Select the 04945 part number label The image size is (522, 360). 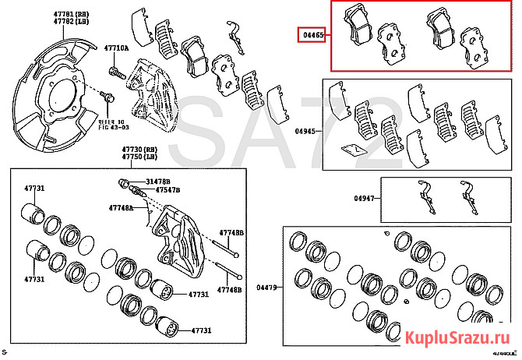click(x=306, y=132)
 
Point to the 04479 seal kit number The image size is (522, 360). click(x=267, y=288)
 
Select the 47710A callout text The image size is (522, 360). click(x=118, y=48)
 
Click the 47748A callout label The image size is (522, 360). click(x=120, y=209)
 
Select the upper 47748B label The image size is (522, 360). click(x=231, y=233)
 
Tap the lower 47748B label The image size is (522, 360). click(x=231, y=290)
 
